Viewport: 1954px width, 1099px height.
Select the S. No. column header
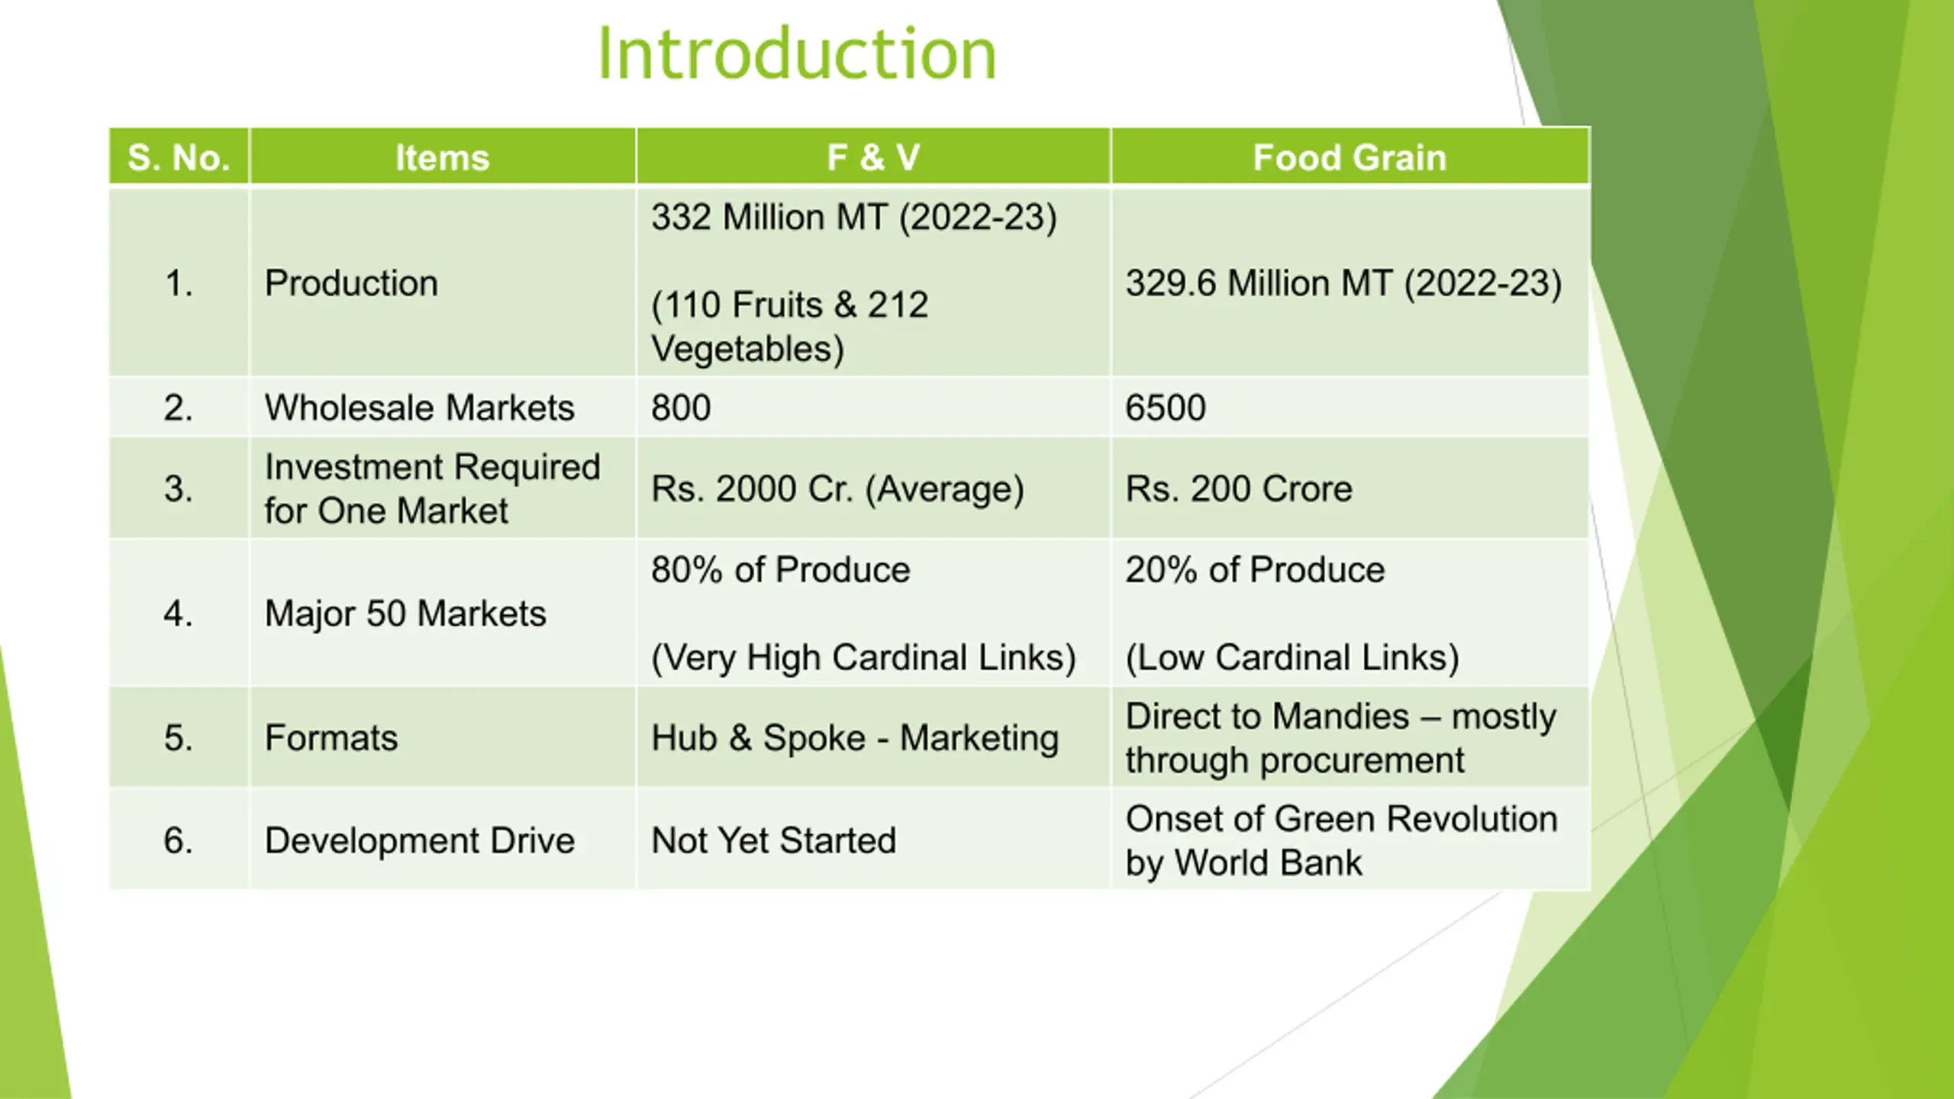(x=179, y=157)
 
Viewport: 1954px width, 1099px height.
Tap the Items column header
(x=442, y=157)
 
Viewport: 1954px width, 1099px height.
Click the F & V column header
(x=873, y=157)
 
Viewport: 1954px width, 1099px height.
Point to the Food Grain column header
(x=1349, y=157)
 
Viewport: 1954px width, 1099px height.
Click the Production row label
(x=351, y=283)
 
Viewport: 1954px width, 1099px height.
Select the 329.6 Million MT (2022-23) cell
(x=1343, y=283)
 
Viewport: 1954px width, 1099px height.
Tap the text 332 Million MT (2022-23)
(x=854, y=218)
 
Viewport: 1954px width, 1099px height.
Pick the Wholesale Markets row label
(x=419, y=408)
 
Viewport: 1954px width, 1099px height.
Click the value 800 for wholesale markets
(x=681, y=408)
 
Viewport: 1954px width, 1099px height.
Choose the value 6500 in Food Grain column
(x=1166, y=408)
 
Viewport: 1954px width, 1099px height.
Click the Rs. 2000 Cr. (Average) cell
(x=837, y=488)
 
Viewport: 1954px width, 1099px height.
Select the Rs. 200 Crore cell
(x=1239, y=488)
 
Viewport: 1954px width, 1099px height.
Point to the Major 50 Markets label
(x=405, y=614)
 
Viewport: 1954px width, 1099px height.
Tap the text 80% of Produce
(x=781, y=569)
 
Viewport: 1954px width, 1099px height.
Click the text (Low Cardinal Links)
(x=1292, y=657)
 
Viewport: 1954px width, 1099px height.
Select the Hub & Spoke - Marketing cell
(x=855, y=738)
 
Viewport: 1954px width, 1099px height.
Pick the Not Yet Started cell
(x=773, y=840)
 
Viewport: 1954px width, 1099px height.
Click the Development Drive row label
(x=419, y=840)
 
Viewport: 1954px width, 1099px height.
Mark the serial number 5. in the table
(x=178, y=738)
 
